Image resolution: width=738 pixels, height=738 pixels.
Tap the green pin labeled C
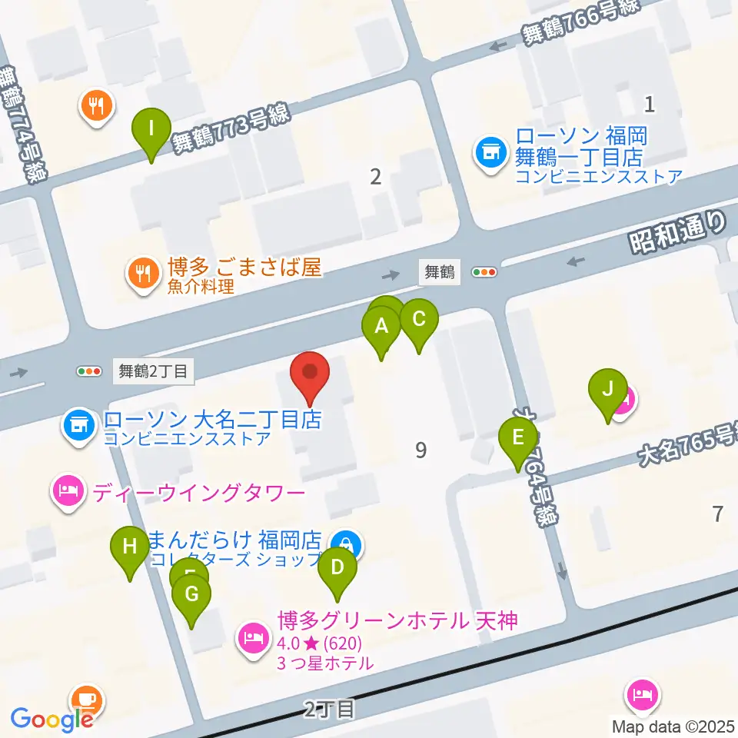tap(419, 319)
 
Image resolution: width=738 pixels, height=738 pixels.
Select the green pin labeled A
tap(381, 327)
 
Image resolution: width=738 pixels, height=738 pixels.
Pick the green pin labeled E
tap(518, 438)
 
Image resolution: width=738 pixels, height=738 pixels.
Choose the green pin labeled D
tap(337, 569)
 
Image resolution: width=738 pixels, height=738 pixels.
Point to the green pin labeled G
tap(191, 595)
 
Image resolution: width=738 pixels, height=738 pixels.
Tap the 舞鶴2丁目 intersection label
tap(154, 371)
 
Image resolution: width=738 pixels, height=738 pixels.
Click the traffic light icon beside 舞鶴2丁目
tap(89, 371)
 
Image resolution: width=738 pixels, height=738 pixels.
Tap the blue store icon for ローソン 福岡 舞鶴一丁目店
tap(489, 151)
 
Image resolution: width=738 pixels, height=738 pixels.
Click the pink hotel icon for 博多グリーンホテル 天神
tap(252, 636)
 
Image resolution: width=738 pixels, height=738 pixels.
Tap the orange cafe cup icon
tap(86, 700)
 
